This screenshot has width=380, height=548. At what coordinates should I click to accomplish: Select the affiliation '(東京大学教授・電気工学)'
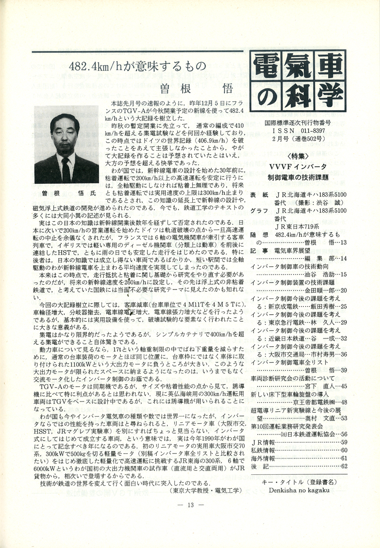206,490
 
